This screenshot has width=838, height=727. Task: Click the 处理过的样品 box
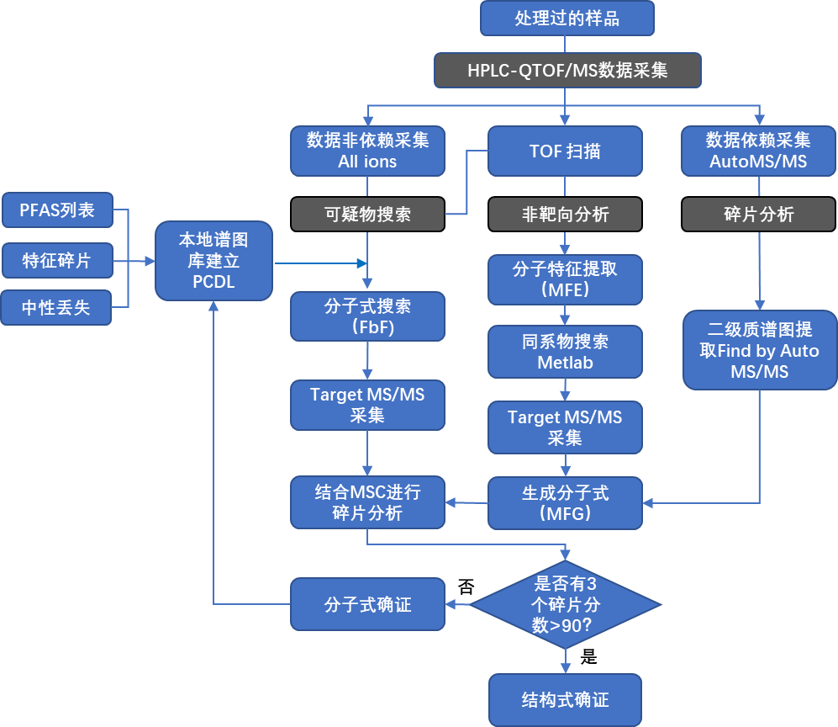(567, 19)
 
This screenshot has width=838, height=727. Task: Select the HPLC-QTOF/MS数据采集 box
(567, 71)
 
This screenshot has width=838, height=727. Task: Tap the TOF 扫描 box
(565, 151)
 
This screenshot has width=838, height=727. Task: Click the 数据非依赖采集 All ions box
(367, 151)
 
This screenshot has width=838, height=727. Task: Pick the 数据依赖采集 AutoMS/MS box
(758, 151)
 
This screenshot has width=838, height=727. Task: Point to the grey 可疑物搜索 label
(367, 215)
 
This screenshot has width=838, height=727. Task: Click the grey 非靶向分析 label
(565, 215)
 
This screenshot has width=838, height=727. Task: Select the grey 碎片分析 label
(758, 215)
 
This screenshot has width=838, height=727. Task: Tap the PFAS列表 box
(57, 210)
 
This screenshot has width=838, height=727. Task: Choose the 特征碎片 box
(57, 260)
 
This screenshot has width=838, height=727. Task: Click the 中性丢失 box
(57, 309)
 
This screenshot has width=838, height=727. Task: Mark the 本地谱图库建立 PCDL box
(213, 261)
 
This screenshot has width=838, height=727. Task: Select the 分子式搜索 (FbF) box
(367, 316)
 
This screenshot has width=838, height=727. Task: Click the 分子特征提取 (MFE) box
(565, 279)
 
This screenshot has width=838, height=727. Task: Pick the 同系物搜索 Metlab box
(565, 352)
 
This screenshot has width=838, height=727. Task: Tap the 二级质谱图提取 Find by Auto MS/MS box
(759, 350)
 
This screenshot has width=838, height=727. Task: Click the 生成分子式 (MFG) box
(565, 503)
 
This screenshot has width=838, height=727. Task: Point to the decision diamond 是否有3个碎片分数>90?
(565, 604)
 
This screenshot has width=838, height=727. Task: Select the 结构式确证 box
(565, 700)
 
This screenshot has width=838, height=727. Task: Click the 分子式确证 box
(367, 604)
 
